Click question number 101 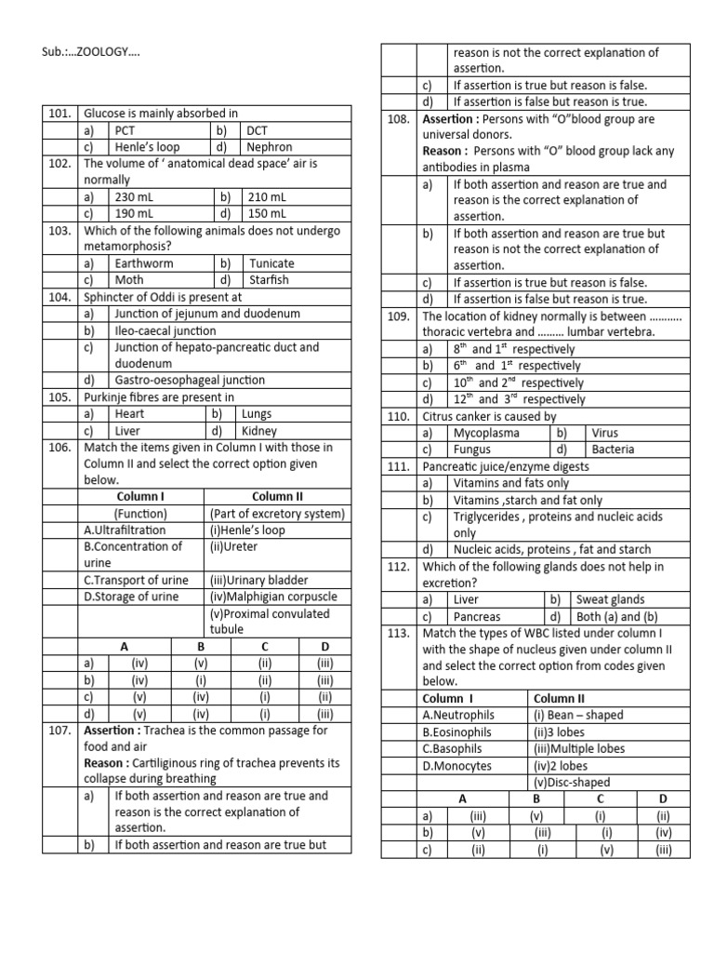click(x=59, y=114)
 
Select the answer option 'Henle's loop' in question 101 click(x=147, y=147)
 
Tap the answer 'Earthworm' click(x=144, y=263)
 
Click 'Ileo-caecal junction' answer click(x=165, y=330)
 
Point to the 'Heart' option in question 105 click(x=130, y=414)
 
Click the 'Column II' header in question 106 click(x=277, y=497)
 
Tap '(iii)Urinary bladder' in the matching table click(x=261, y=580)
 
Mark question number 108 click(x=397, y=119)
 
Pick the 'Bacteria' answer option click(x=614, y=450)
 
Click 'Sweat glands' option click(x=611, y=600)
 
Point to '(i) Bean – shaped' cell click(x=578, y=715)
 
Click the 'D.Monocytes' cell click(x=459, y=765)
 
